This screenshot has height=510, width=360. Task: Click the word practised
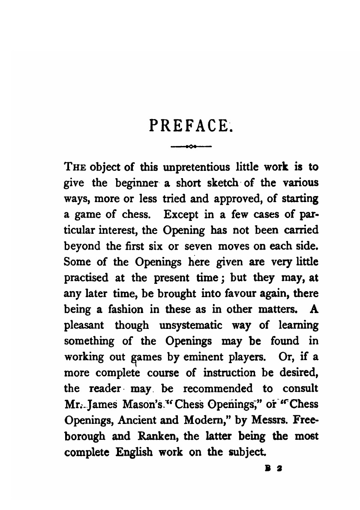click(86, 277)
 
